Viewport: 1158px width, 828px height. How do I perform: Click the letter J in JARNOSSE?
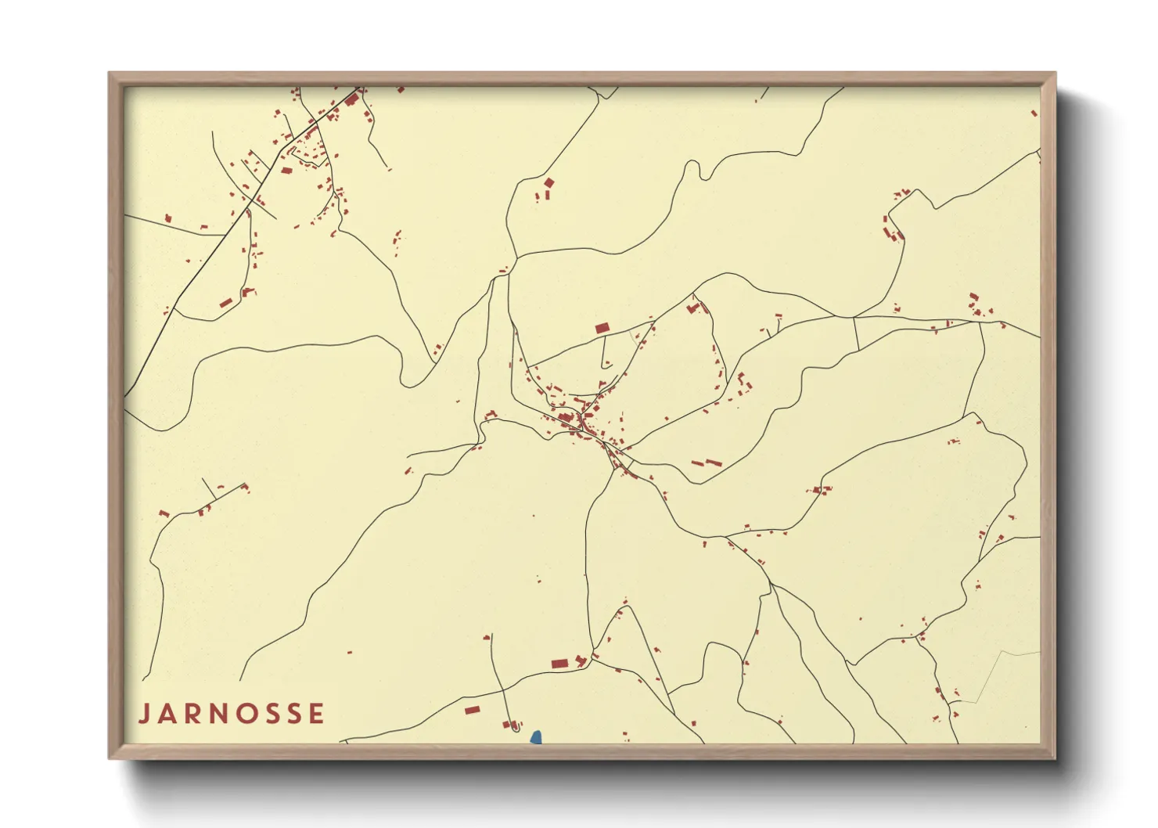point(145,714)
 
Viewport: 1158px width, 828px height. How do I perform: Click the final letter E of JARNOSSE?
point(316,714)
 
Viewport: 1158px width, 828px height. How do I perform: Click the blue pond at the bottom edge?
point(536,737)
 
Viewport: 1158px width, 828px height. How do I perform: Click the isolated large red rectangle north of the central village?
point(602,328)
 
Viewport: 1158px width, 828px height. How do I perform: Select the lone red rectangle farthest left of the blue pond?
point(472,710)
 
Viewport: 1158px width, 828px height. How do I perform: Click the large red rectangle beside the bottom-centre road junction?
point(559,664)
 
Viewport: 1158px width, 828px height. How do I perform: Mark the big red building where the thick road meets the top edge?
point(351,99)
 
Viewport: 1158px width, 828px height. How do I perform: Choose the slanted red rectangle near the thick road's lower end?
point(226,302)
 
